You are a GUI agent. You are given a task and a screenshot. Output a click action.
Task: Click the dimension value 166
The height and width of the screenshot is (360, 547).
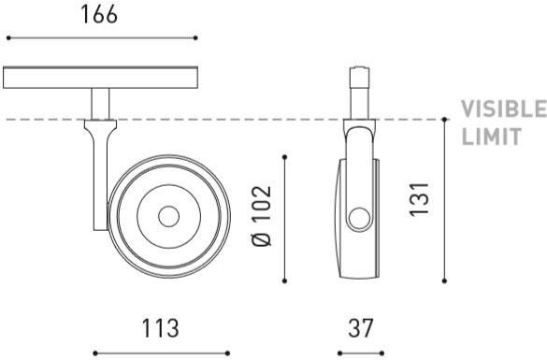101,14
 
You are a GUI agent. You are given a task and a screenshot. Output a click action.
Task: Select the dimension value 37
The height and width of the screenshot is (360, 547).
360,328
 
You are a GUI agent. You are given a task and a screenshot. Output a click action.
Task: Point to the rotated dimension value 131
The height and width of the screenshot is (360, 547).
421,200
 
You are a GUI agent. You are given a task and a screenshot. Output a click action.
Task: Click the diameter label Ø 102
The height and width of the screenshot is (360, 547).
263,216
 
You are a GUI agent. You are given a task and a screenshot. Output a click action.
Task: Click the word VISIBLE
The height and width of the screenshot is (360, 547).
503,110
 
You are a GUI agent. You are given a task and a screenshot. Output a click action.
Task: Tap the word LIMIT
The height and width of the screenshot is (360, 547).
491,137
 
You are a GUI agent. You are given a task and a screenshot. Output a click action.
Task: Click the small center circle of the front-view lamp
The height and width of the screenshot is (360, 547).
168,216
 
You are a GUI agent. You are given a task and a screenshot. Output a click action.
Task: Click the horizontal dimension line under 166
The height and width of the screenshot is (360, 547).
101,38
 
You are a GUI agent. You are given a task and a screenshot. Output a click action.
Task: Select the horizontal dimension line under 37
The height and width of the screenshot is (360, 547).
360,353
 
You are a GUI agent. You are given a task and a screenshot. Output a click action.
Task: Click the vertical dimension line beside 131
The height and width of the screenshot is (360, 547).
444,200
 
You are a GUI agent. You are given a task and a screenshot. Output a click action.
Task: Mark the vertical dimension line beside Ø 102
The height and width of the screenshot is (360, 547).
285,216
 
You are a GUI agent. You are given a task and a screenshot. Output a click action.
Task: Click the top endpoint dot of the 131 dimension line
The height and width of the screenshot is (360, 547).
444,120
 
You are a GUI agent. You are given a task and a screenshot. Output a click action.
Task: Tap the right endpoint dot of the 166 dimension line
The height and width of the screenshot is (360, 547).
195,38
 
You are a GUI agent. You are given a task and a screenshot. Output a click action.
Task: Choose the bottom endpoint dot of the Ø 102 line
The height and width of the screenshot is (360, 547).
285,278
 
